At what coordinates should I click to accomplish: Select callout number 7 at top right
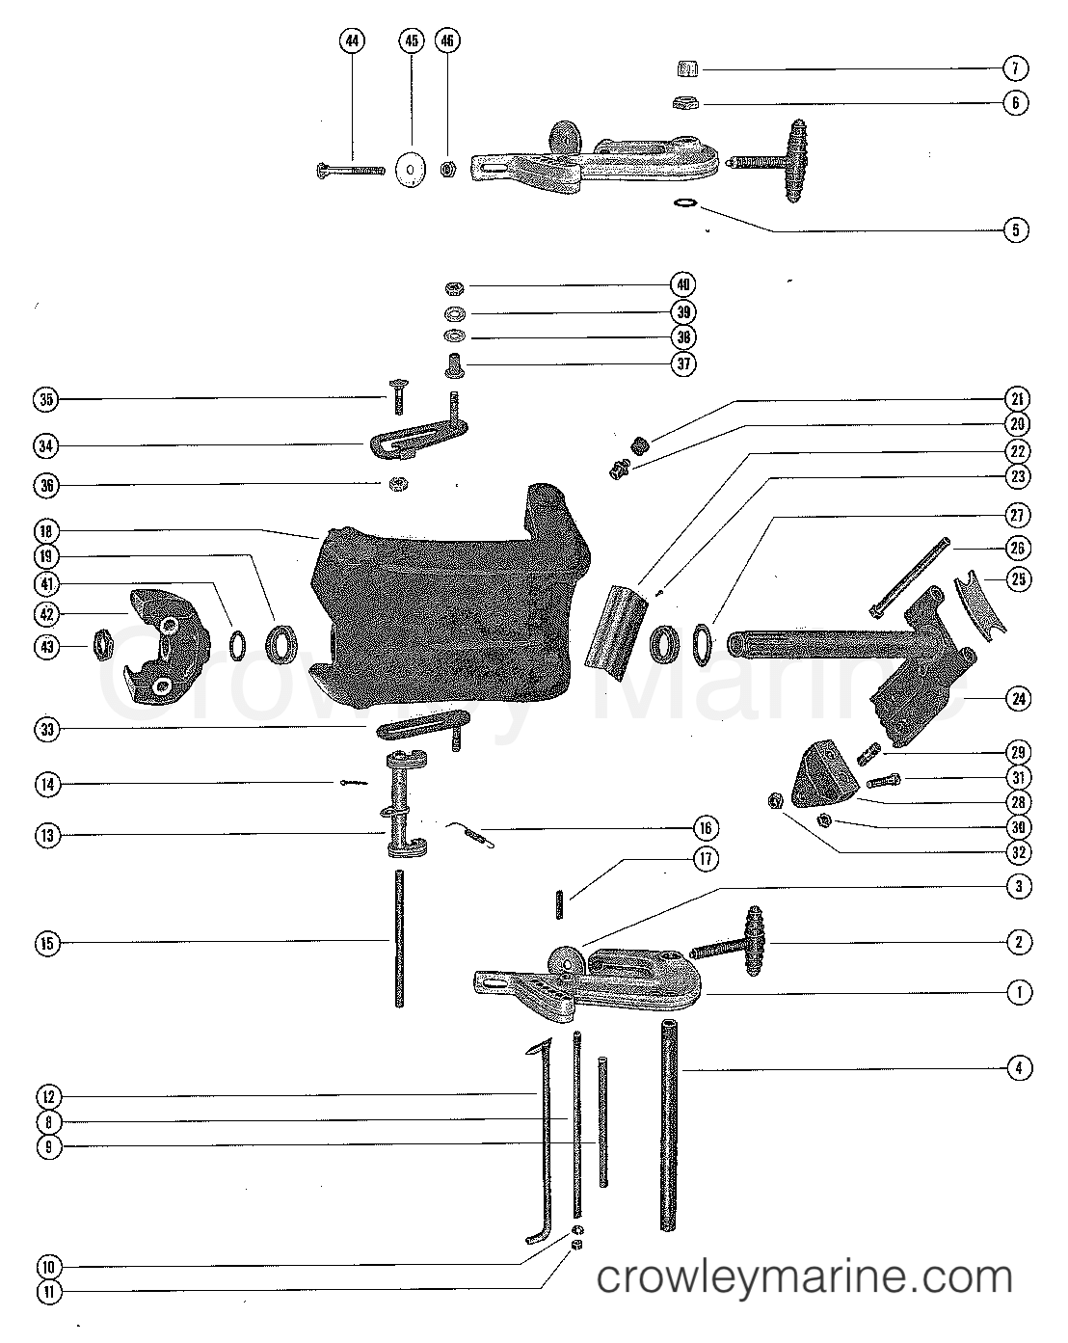click(x=1016, y=68)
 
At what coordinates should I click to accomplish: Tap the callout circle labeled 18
click(x=47, y=530)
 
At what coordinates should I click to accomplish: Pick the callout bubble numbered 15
click(x=47, y=943)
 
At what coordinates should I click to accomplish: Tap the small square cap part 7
click(x=686, y=67)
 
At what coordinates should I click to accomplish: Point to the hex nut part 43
click(x=103, y=644)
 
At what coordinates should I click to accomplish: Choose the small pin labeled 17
click(x=559, y=905)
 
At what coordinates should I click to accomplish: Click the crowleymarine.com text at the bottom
click(x=805, y=1279)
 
